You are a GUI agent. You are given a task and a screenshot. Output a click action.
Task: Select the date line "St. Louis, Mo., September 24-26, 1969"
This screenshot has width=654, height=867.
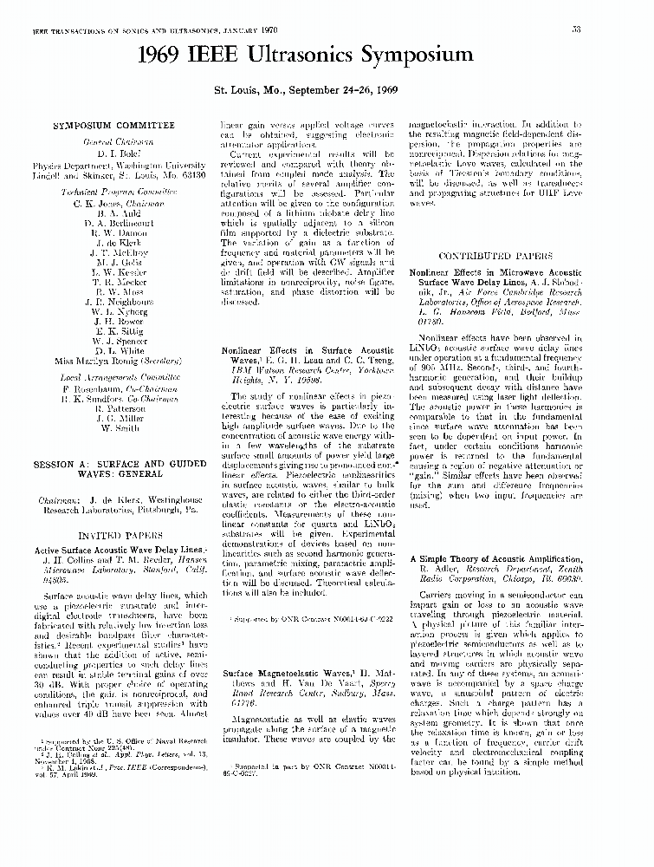click(307, 89)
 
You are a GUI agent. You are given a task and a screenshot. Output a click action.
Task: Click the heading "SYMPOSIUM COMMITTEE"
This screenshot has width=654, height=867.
click(113, 126)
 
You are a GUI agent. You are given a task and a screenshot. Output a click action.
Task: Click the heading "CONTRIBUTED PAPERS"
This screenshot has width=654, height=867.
click(495, 257)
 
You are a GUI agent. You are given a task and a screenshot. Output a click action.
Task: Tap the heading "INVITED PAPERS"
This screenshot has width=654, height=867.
click(115, 536)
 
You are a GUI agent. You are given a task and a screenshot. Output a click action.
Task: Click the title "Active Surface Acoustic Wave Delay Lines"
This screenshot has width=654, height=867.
click(119, 550)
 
